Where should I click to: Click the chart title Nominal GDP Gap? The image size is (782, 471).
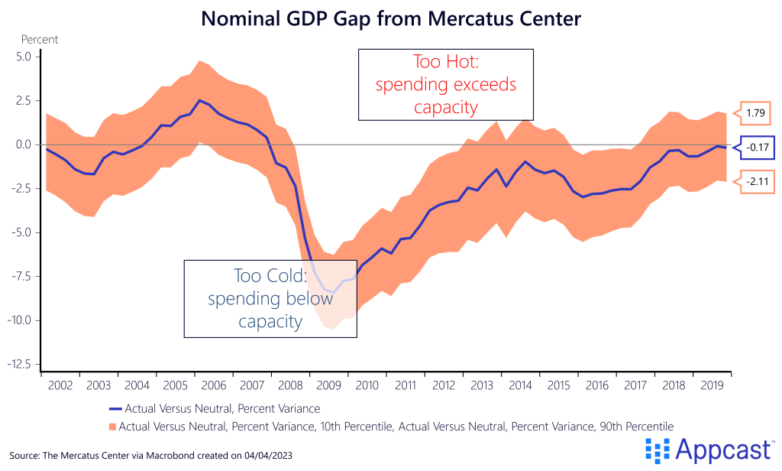(391, 18)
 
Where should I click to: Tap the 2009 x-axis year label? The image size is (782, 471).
(328, 385)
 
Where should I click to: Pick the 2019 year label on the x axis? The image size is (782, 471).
(713, 385)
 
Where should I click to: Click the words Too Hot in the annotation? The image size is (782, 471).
(445, 62)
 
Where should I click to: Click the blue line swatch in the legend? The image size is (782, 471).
(115, 408)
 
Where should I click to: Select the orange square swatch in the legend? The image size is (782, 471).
(115, 424)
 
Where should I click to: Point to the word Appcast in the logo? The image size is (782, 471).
(722, 451)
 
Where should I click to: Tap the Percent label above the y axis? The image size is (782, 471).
(39, 39)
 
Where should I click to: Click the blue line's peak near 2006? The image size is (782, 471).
(199, 100)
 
